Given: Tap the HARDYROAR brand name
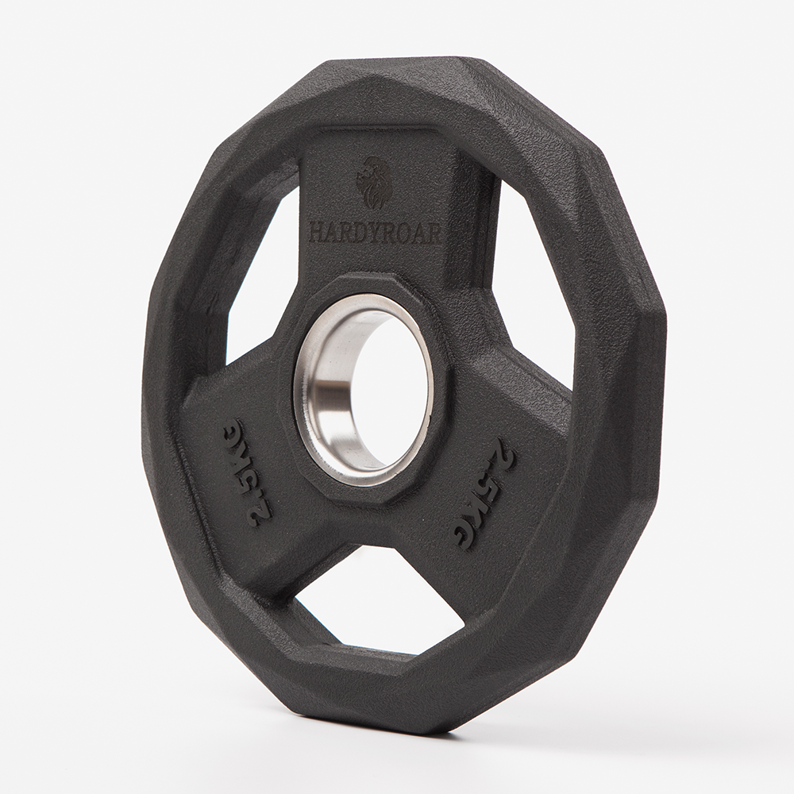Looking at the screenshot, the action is coord(374,234).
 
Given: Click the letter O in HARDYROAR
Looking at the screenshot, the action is coord(409,234).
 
